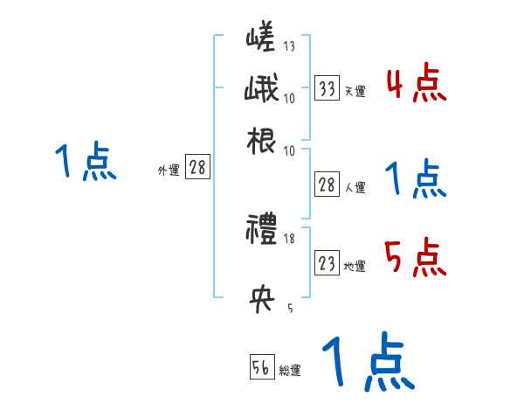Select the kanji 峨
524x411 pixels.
click(262, 90)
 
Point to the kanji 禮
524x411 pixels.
click(262, 233)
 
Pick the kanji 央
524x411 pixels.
click(262, 302)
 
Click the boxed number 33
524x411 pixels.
click(327, 89)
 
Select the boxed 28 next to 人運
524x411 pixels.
click(327, 185)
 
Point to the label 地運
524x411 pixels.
click(355, 266)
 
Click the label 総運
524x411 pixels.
click(289, 370)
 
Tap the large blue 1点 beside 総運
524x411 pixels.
click(368, 362)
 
